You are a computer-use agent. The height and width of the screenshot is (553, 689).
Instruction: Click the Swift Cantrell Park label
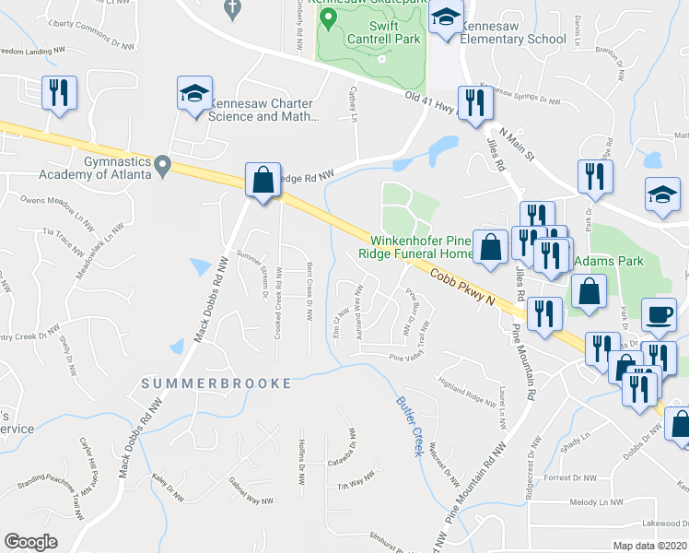pyautogui.click(x=383, y=31)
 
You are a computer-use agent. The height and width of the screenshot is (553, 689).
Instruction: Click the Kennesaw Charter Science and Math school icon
pyautogui.click(x=195, y=96)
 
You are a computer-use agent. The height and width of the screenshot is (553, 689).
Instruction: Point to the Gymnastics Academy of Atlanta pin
pyautogui.click(x=163, y=167)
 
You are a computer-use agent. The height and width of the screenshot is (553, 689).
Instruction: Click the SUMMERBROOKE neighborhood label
pyautogui.click(x=216, y=382)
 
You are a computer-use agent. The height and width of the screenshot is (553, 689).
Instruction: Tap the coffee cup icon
pyautogui.click(x=659, y=314)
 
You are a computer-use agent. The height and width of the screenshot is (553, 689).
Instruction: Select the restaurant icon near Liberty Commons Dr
pyautogui.click(x=58, y=94)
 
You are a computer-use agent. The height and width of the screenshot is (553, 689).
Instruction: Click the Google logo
pyautogui.click(x=30, y=542)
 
